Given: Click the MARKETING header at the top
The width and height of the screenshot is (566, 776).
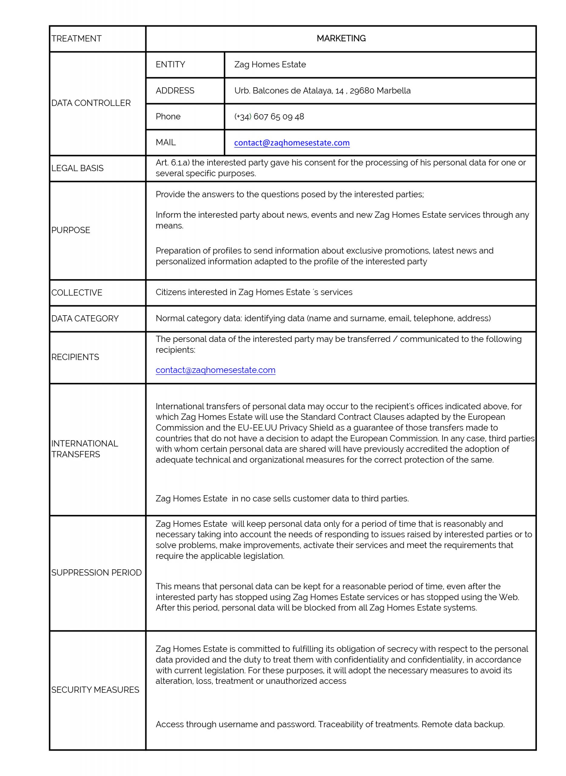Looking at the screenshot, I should pyautogui.click(x=341, y=38).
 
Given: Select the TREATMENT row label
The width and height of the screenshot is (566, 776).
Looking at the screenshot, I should pyautogui.click(x=76, y=39).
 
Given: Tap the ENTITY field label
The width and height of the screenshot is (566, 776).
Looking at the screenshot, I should pyautogui.click(x=170, y=64).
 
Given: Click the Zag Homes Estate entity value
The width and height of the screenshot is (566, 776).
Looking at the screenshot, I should pyautogui.click(x=270, y=64).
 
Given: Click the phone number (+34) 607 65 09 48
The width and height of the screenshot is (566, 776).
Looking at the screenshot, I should pyautogui.click(x=269, y=116).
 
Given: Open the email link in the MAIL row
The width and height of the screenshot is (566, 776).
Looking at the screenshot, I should pyautogui.click(x=292, y=143).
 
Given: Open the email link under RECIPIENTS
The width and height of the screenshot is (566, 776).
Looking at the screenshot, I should pyautogui.click(x=216, y=370).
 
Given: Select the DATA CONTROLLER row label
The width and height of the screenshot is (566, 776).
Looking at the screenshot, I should pyautogui.click(x=91, y=103).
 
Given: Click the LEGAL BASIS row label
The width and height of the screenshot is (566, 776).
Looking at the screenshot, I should pyautogui.click(x=77, y=168).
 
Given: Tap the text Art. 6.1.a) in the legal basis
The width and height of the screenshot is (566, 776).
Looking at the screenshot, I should pyautogui.click(x=172, y=163).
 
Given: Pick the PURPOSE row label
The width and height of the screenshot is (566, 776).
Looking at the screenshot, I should pyautogui.click(x=71, y=230).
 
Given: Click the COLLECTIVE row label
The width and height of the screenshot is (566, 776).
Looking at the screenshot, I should pyautogui.click(x=77, y=293).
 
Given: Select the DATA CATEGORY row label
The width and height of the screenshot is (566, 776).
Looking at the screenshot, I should pyautogui.click(x=85, y=319).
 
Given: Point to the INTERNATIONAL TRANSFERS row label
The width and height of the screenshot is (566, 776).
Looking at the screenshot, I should pyautogui.click(x=84, y=449).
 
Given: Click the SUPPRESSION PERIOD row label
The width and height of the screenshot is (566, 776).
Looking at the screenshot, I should pyautogui.click(x=96, y=573).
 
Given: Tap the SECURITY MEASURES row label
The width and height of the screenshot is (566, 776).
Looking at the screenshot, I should pyautogui.click(x=95, y=690).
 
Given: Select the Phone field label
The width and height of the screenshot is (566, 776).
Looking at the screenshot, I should pyautogui.click(x=168, y=116).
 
